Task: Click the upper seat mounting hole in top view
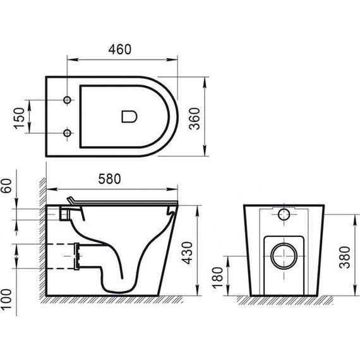pyautogui.click(x=67, y=100)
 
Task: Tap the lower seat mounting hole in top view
pyautogui.click(x=67, y=133)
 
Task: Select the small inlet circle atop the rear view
pyautogui.click(x=284, y=213)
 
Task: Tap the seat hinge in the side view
pyautogui.click(x=71, y=201)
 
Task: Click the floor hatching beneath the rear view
pyautogui.click(x=284, y=299)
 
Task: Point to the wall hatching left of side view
pyautogui.click(x=42, y=240)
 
